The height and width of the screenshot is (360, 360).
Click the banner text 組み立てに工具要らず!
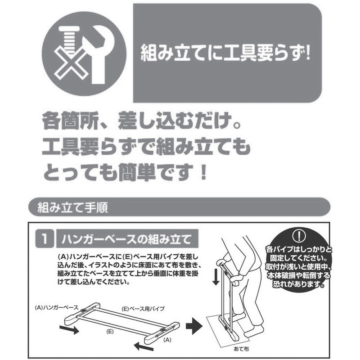coord(226,54)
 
